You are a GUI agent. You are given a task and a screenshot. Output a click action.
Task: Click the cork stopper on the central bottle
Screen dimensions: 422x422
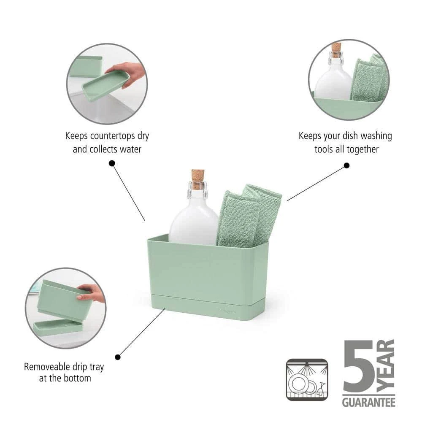point(198,176)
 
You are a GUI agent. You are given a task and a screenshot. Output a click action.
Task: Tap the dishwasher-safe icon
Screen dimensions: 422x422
point(307,379)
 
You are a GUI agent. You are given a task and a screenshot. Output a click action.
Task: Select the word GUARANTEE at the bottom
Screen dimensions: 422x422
point(369,402)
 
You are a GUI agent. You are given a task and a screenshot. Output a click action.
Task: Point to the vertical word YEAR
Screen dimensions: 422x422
point(385,366)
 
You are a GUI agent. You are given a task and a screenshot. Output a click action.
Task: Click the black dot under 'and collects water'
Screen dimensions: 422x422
point(112,163)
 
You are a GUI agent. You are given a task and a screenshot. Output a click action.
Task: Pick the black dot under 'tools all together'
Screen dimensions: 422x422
point(346,165)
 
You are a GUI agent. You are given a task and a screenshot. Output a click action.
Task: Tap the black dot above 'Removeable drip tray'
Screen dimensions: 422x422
point(118,357)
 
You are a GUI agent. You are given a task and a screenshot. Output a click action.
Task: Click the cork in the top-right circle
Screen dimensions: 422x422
point(336,50)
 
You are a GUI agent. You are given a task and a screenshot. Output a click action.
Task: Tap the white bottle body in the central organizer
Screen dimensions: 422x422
point(194,223)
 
